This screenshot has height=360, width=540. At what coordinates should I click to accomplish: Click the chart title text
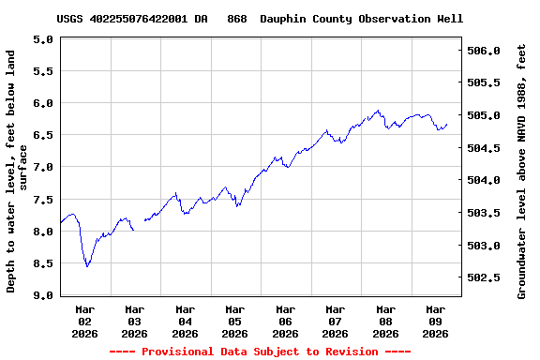tap(260, 19)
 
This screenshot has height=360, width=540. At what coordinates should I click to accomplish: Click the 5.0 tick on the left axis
tap(42, 39)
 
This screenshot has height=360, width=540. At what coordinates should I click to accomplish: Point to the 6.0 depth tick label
tap(42, 103)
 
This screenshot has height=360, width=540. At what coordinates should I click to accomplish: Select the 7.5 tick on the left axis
tap(42, 200)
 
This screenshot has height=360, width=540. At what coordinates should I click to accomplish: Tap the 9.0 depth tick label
tap(42, 295)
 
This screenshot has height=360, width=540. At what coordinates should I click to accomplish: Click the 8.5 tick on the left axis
tap(42, 263)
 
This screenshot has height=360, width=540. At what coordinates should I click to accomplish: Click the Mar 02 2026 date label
tap(85, 321)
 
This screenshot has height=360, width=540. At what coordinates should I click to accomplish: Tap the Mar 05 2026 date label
tap(235, 321)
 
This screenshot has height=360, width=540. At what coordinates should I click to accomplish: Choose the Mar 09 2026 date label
tap(435, 321)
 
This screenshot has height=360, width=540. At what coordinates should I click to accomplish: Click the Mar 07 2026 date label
tap(335, 321)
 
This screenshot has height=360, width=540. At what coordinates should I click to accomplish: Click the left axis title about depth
tap(17, 172)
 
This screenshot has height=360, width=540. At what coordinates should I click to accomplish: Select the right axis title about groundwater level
tap(522, 172)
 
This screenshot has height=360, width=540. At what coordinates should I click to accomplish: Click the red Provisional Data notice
tap(260, 352)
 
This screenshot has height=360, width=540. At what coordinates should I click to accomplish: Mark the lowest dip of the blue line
tap(87, 266)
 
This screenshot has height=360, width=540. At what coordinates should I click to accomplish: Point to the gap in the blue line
tap(139, 225)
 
